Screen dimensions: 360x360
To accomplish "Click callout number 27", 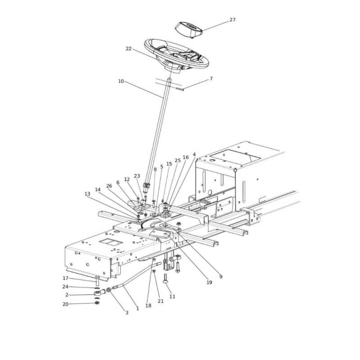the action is [233, 20].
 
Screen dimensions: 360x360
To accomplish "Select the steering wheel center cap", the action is [189, 29].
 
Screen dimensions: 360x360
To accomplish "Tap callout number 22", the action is [129, 49].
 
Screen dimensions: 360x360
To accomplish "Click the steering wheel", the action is [176, 56].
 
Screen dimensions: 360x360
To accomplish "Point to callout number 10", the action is [121, 81].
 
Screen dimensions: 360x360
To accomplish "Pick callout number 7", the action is [211, 79].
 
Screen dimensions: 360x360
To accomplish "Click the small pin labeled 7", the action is [180, 89].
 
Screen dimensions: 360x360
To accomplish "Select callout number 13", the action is [87, 194].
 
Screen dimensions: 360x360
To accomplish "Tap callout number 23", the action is [137, 176].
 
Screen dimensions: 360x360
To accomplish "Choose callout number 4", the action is [194, 154].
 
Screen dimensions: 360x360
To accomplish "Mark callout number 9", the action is [221, 277].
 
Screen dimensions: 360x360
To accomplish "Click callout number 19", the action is [209, 283].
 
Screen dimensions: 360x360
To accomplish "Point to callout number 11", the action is [172, 297].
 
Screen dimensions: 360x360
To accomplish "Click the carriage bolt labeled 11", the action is [165, 279].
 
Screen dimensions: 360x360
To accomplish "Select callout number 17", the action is [65, 278].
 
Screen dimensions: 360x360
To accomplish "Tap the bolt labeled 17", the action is [97, 281].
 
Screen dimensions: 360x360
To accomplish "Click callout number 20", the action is [65, 304].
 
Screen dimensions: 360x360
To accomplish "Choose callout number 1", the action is [138, 309].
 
